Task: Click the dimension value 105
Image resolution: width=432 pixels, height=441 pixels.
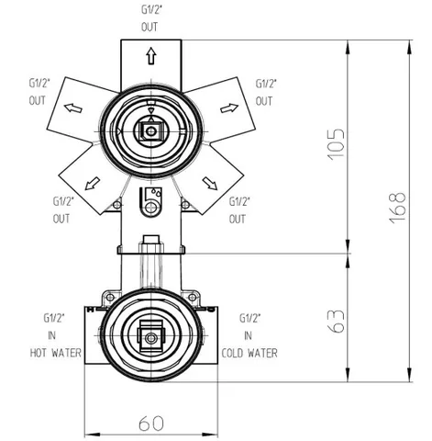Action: (336, 143)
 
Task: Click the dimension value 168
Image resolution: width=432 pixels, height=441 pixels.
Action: (397, 208)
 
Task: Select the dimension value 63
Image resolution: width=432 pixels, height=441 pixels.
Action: (336, 322)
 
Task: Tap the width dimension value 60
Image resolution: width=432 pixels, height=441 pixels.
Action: (151, 424)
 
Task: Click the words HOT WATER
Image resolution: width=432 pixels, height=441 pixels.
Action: (56, 353)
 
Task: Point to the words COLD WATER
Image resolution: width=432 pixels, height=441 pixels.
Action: (249, 353)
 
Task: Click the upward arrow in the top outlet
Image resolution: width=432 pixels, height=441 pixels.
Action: (150, 56)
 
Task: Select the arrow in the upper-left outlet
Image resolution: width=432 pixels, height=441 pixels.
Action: (73, 107)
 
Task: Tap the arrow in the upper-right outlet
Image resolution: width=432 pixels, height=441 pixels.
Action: (229, 108)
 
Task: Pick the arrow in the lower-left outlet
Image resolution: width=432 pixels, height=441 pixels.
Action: (93, 184)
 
